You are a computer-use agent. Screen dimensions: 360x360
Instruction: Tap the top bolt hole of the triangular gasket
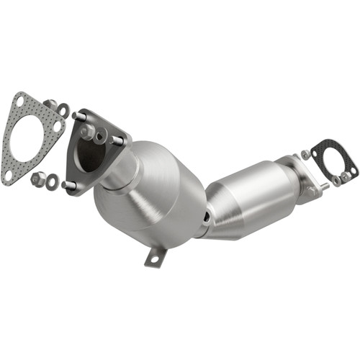(x=27, y=101)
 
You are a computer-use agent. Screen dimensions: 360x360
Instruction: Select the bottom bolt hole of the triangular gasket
(x=8, y=174)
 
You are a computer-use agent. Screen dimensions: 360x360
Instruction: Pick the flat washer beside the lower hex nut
(x=52, y=181)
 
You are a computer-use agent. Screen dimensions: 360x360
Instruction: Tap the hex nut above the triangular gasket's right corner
(x=50, y=106)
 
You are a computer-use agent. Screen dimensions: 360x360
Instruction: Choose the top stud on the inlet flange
(x=78, y=117)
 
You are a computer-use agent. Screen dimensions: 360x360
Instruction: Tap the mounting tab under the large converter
(x=155, y=256)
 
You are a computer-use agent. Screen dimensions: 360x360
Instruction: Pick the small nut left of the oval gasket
(x=306, y=154)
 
